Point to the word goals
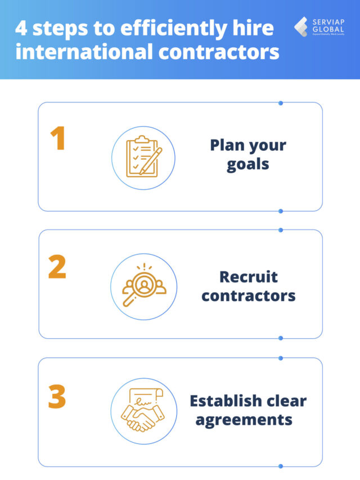click(248, 165)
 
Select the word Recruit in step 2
click(248, 277)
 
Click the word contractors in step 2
click(248, 295)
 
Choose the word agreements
click(244, 420)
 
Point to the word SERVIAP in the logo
click(328, 21)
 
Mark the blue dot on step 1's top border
click(281, 103)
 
